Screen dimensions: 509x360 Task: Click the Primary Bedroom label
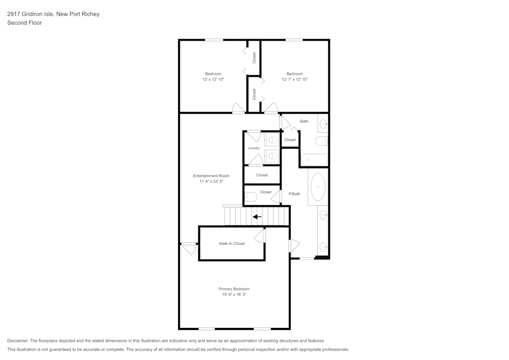234,289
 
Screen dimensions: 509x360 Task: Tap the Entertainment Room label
211,176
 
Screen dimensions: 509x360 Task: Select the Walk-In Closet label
232,243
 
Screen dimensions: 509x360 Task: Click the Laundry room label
253,148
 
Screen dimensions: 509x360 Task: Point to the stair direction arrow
257,216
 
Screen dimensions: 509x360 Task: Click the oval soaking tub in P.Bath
318,187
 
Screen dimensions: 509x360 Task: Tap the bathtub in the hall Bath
314,160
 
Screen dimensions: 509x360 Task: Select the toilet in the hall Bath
322,141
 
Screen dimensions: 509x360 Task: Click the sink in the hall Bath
323,124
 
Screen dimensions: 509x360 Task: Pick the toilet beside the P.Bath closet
250,197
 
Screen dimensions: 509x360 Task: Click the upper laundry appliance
271,140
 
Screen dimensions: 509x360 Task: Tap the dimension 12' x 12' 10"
213,79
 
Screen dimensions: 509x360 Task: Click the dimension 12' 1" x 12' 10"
294,79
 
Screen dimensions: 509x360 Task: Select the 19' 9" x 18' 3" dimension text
234,294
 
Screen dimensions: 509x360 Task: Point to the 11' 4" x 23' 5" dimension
211,181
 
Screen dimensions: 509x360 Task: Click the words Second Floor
24,23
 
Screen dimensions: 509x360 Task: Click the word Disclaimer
17,341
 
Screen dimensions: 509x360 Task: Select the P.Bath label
294,194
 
